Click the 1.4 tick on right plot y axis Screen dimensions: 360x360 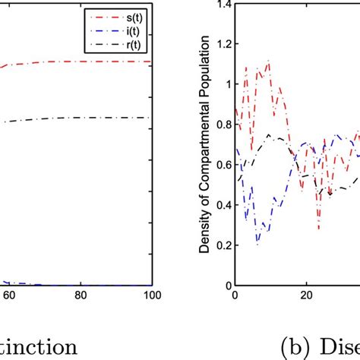click(222, 5)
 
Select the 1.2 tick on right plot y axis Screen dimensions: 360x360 click(222, 45)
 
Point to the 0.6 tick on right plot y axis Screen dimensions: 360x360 click(222, 165)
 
